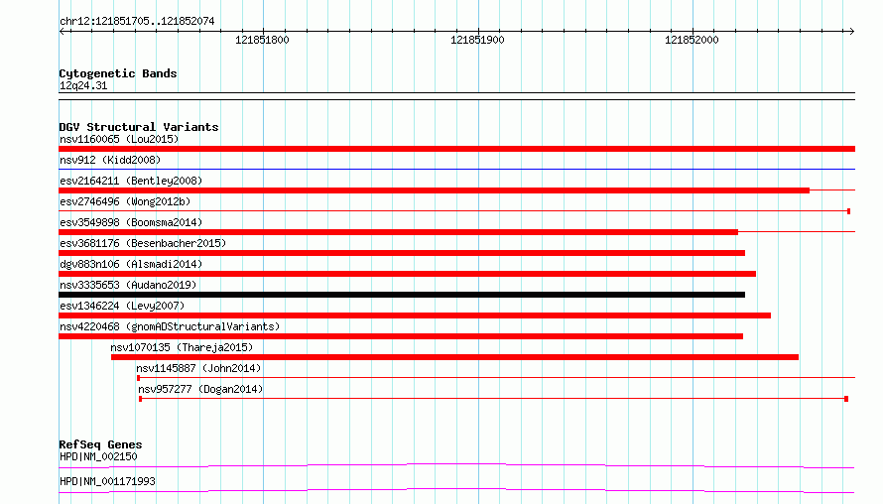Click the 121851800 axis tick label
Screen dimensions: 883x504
coord(262,40)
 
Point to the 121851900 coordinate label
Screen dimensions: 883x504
coord(477,40)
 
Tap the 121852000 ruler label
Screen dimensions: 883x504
coord(692,40)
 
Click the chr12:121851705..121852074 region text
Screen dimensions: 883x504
coord(137,22)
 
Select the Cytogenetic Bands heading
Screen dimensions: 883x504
coord(118,73)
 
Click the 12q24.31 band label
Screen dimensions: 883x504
coord(83,86)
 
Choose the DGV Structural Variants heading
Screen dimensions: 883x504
coord(139,127)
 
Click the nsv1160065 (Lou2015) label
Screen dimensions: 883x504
coord(119,139)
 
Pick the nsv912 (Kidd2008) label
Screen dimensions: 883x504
coord(110,160)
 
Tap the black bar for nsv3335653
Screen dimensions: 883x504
coord(402,295)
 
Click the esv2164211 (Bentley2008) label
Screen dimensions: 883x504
coord(131,181)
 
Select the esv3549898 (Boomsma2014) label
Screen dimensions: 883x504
coord(131,222)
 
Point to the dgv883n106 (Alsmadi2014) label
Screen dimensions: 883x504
coord(131,264)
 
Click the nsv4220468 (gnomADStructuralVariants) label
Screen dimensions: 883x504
coord(170,326)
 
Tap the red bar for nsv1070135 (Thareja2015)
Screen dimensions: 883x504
coord(455,357)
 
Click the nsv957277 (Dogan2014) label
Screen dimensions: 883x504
coord(200,389)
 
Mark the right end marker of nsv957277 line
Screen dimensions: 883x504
coord(846,399)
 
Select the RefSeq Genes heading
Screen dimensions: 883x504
coord(100,444)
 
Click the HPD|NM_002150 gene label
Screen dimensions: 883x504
coord(98,456)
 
